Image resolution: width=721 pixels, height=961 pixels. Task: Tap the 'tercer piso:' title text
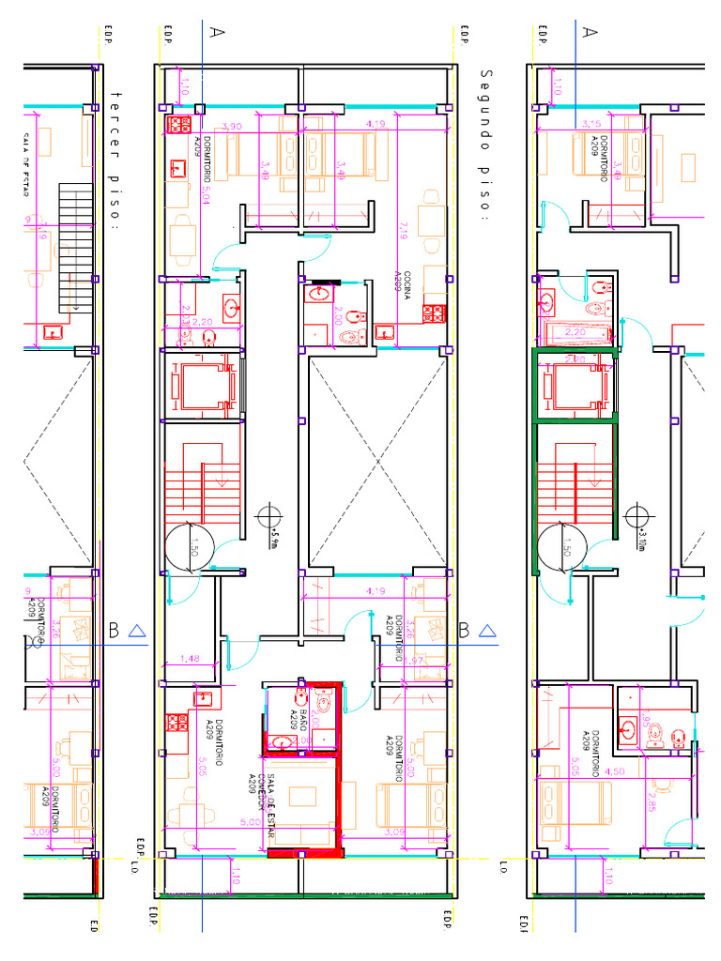pos(115,160)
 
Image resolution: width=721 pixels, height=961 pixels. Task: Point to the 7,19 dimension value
pos(402,232)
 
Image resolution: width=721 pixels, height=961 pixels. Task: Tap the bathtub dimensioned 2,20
pos(575,331)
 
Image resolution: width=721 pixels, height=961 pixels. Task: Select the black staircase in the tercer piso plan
pos(73,247)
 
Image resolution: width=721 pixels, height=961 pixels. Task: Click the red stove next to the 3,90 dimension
pos(178,126)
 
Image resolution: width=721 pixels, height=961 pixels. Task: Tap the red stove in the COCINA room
pos(434,313)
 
